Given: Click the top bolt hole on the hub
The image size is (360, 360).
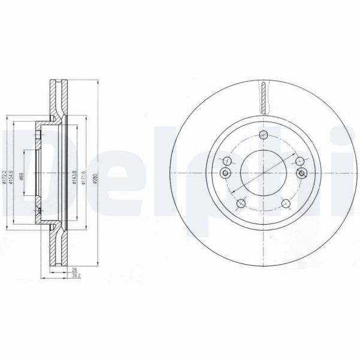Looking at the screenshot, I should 264,135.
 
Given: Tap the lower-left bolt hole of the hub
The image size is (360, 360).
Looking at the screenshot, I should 240,204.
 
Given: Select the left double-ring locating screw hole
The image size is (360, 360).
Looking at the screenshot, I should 225,174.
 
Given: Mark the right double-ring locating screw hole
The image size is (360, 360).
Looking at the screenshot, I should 302,174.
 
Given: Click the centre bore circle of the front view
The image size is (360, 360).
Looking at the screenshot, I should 264,174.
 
